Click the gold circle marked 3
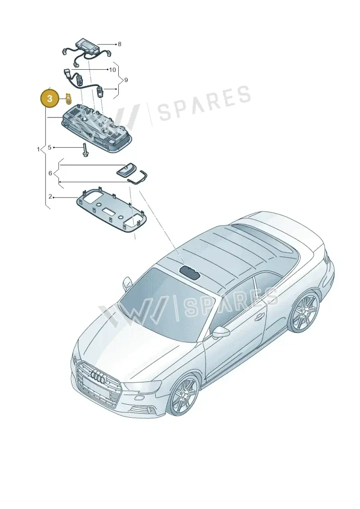tap(49, 99)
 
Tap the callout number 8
tap(119, 44)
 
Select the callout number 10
tap(112, 70)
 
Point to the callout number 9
tap(126, 80)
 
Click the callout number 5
tap(49, 147)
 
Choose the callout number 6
tap(50, 173)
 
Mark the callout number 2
tap(50, 197)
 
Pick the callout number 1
tap(38, 149)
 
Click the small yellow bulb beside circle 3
tap(68, 98)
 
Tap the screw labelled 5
tap(85, 150)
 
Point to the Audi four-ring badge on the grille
tap(99, 376)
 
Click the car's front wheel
tap(184, 393)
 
